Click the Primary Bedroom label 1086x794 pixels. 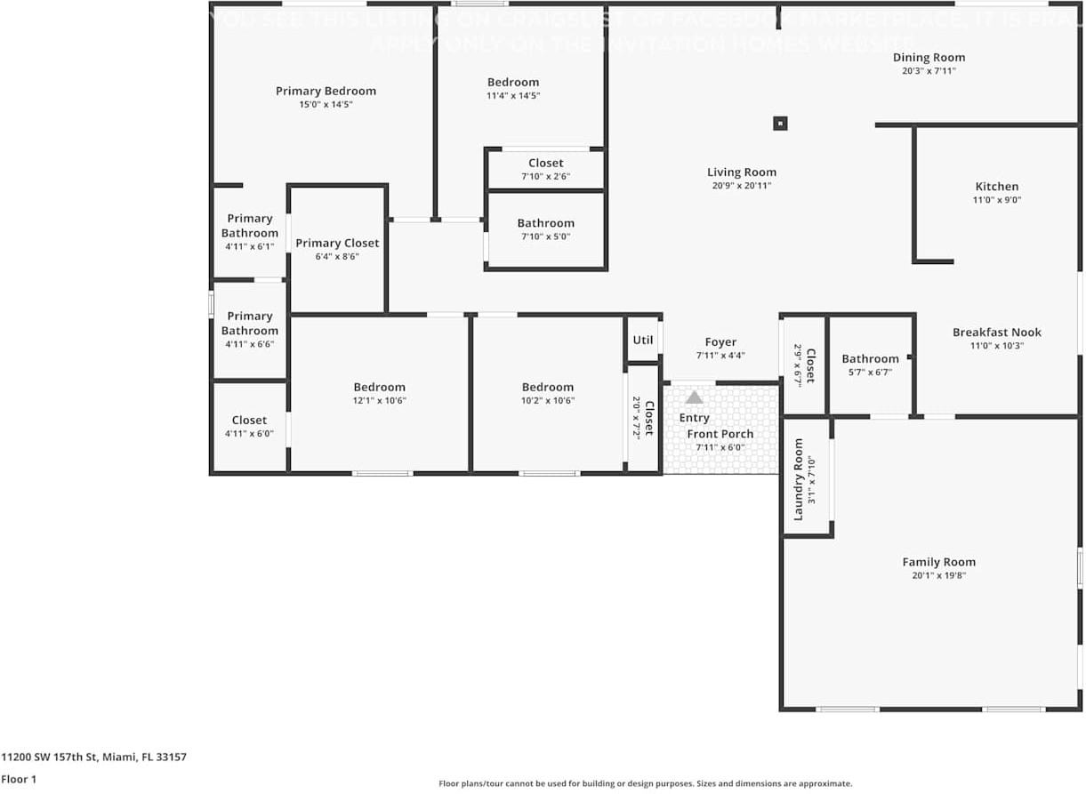(x=326, y=91)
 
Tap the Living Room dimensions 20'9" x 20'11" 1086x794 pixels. (x=741, y=186)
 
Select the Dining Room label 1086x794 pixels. (x=929, y=58)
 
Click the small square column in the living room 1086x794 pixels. (x=780, y=124)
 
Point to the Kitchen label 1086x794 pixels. (x=997, y=187)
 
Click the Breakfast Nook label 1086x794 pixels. (x=996, y=333)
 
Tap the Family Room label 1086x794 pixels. (x=938, y=562)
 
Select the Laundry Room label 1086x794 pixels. (x=798, y=479)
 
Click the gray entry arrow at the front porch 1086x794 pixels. (x=694, y=397)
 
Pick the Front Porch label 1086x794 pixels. (x=720, y=434)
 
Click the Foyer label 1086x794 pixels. (x=720, y=342)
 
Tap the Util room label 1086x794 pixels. (x=642, y=340)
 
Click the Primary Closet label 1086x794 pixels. (x=337, y=243)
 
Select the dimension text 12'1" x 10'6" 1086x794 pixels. (x=379, y=400)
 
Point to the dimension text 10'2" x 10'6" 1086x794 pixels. (x=547, y=400)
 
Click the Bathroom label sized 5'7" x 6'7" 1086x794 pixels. (x=870, y=359)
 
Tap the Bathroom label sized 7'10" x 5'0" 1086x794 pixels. (x=545, y=223)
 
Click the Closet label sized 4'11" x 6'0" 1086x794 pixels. (x=249, y=421)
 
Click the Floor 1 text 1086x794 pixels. (x=18, y=779)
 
